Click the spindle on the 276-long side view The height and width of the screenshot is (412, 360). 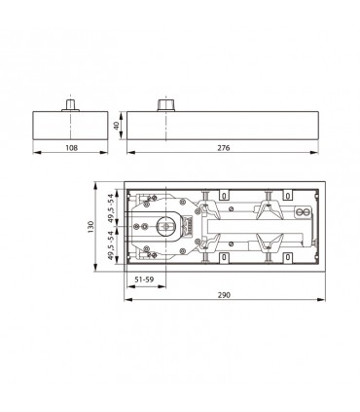pyautogui.click(x=164, y=103)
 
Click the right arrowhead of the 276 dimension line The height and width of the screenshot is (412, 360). pyautogui.click(x=321, y=150)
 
